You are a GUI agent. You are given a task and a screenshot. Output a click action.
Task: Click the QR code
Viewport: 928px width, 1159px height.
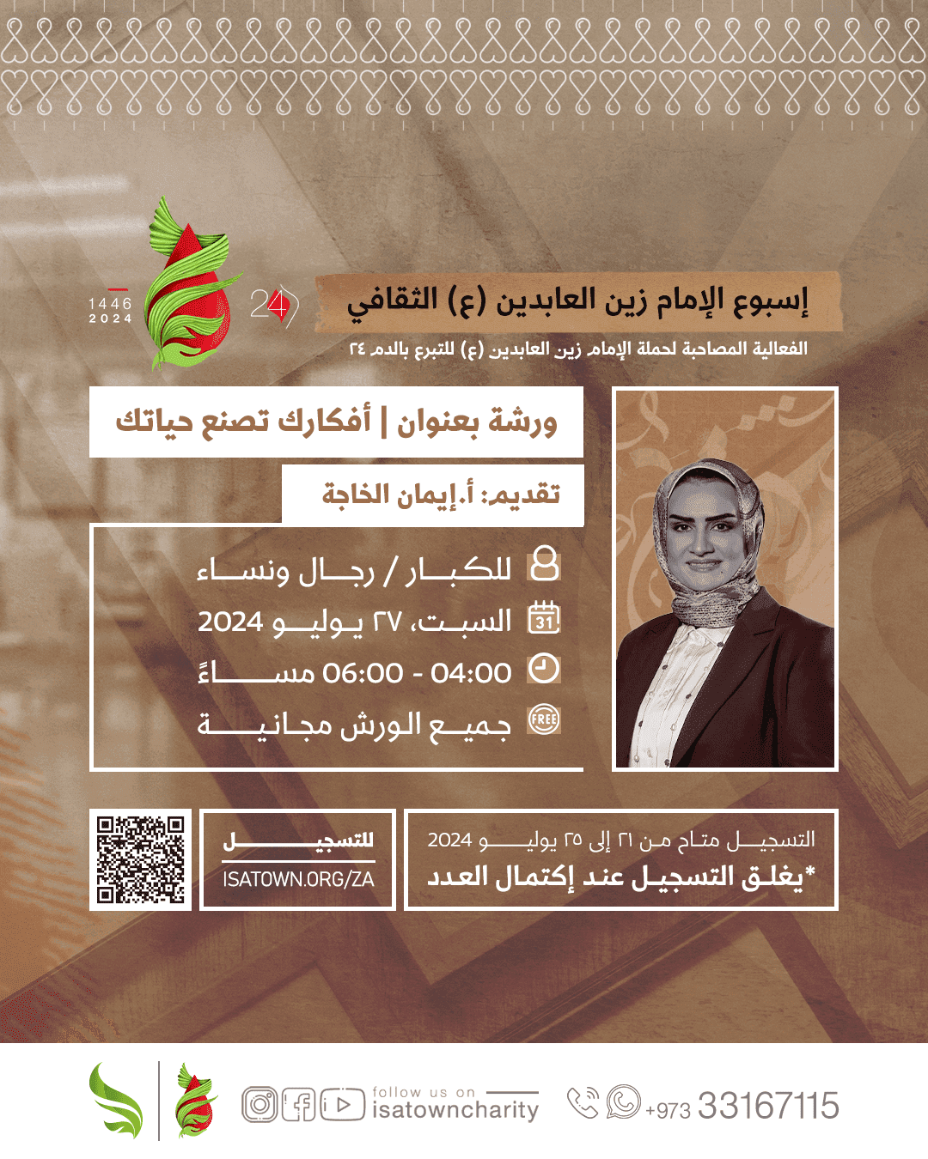140,859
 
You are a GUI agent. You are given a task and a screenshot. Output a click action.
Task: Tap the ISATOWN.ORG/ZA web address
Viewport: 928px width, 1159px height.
298,879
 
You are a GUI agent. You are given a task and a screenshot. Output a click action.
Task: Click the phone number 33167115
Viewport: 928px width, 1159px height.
768,1106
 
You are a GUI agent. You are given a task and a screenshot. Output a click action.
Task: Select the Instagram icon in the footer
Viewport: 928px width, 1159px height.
259,1105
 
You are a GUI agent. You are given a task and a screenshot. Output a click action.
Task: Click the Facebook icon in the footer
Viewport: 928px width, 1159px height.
298,1105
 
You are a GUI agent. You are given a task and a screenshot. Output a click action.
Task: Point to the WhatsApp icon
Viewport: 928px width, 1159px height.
623,1102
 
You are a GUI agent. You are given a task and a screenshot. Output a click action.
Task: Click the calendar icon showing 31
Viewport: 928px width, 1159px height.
544,618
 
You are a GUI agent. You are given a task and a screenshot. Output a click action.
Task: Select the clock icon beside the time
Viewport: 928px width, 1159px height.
543,669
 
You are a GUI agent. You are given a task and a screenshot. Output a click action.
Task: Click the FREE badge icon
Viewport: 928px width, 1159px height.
544,719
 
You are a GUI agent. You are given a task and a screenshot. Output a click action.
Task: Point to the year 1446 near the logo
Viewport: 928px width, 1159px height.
110,304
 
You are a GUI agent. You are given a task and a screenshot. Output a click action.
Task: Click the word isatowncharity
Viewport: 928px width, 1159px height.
455,1110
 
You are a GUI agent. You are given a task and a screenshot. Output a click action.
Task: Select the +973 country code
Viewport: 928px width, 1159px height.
668,1110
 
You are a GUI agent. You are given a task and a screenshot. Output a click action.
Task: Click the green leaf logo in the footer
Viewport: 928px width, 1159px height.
117,1101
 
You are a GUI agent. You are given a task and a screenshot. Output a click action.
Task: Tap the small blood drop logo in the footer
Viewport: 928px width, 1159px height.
195,1101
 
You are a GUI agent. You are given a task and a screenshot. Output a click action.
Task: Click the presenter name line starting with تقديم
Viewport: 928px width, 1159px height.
441,495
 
